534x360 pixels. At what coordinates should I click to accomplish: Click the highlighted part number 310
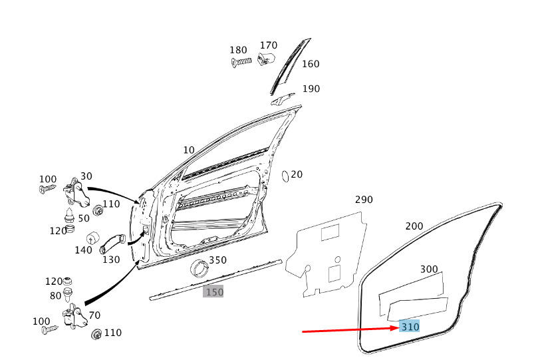410,327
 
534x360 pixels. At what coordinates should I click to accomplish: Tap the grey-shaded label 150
213,291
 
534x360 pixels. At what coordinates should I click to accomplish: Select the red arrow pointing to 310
350,329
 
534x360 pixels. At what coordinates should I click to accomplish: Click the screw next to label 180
241,63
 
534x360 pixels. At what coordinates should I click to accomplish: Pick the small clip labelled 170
267,59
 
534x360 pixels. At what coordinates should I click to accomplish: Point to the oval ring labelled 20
285,176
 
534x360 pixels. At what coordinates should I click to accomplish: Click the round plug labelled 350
200,268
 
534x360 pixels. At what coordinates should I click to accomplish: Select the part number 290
364,200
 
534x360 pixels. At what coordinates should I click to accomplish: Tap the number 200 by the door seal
414,226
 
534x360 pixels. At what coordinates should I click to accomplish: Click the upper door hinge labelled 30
76,192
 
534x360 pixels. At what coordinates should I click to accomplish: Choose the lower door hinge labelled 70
74,317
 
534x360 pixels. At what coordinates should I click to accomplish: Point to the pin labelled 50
69,215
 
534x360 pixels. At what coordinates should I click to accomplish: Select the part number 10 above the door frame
189,150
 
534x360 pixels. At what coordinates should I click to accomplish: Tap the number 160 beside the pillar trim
311,64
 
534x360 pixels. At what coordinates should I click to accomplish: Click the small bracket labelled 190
283,99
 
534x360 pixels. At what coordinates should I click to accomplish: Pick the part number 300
429,270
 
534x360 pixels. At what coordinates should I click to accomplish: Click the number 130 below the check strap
111,260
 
